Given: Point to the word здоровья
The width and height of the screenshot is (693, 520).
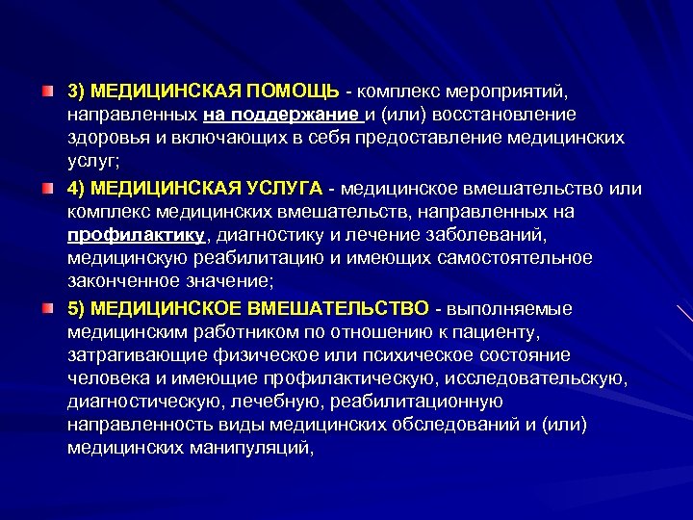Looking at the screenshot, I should tap(104, 139).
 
